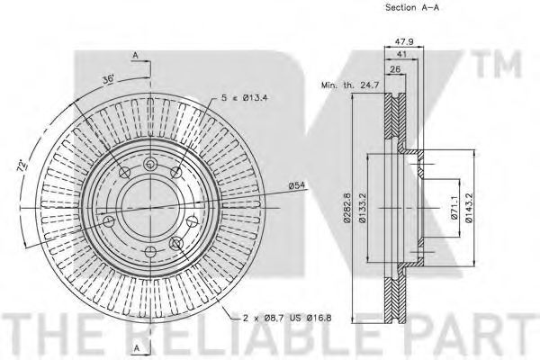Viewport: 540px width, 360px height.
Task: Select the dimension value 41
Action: (402, 54)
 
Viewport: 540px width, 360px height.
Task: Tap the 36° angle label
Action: (108, 80)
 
